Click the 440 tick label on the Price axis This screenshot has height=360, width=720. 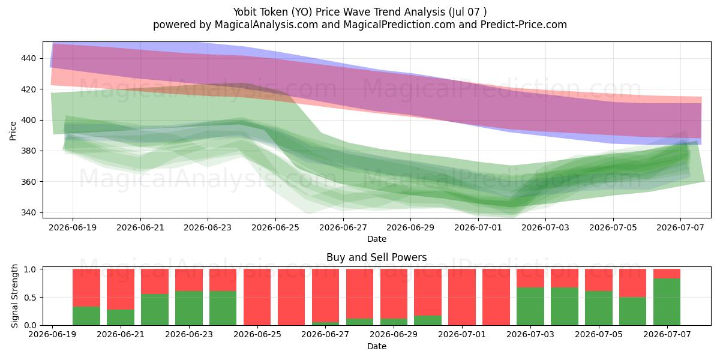[x=29, y=59]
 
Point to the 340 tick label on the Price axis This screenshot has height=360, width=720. [x=29, y=213]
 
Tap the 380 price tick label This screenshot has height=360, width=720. [x=29, y=151]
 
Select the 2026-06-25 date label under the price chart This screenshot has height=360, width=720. [x=275, y=227]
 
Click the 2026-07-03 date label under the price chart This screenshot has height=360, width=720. [x=545, y=227]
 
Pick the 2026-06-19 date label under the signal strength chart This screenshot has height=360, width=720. [x=52, y=334]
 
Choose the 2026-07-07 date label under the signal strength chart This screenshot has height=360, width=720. [x=667, y=334]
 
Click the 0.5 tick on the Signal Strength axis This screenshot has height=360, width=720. [x=31, y=298]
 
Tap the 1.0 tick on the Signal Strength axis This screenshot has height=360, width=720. [x=31, y=269]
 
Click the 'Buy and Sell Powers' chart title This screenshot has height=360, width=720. [x=376, y=257]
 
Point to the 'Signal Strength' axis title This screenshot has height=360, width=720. [x=14, y=296]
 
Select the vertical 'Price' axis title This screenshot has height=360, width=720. [x=13, y=131]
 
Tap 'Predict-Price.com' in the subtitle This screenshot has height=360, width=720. [x=524, y=25]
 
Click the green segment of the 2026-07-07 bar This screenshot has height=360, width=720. [x=667, y=302]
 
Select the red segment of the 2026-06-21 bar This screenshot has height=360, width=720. [x=121, y=289]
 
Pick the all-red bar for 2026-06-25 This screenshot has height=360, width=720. [x=257, y=297]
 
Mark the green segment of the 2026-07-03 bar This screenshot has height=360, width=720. [x=530, y=307]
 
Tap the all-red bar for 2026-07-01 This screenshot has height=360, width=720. [x=462, y=297]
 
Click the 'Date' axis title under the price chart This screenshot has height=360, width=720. [x=377, y=239]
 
